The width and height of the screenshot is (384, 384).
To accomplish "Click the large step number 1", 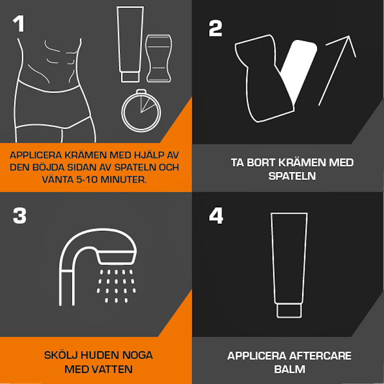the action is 19,24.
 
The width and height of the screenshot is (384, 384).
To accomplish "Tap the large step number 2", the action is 215,28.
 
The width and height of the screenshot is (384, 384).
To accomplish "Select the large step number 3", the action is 20,216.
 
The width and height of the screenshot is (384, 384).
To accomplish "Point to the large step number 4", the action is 216,216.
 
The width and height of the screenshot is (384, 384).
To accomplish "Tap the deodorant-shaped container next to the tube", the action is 158,59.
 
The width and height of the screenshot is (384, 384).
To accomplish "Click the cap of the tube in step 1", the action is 130,77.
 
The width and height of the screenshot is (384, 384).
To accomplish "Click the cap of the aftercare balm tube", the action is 289,311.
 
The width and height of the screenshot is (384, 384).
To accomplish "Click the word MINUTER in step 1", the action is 123,180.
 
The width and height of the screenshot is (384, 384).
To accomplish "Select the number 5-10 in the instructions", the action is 87,180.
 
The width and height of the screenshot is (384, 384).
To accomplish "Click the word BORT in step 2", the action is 261,163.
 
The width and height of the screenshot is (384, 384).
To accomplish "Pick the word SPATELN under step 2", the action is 292,176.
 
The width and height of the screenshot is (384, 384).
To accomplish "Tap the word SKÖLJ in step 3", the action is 61,355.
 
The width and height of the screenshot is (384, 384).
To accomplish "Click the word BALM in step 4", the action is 290,369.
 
